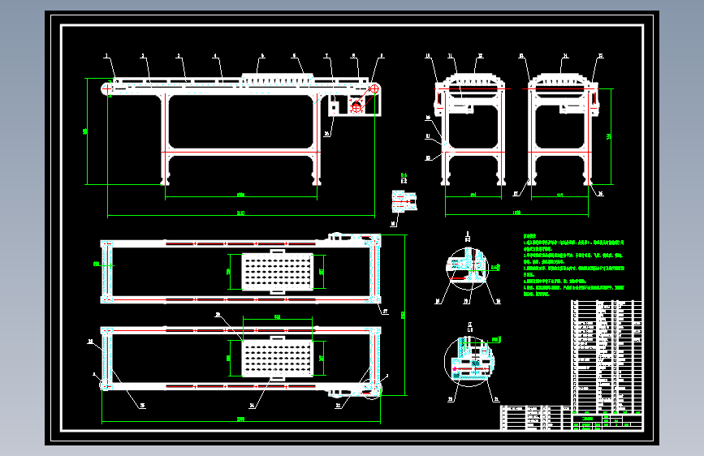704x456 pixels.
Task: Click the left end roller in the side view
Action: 106,88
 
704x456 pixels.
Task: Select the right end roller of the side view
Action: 374,88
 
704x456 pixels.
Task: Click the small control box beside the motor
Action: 334,107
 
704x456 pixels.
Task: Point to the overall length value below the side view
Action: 240,213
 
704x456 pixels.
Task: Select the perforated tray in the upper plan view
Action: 277,271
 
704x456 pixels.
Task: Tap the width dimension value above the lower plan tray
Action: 277,316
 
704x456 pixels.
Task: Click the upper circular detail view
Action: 466,268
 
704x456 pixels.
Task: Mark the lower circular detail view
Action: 466,359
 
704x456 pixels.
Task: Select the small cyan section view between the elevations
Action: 403,199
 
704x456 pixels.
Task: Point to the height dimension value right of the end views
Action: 610,136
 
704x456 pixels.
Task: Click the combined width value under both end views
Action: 517,213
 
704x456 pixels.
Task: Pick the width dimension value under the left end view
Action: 473,195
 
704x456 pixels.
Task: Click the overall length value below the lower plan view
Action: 240,419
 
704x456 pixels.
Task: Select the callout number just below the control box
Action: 326,134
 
